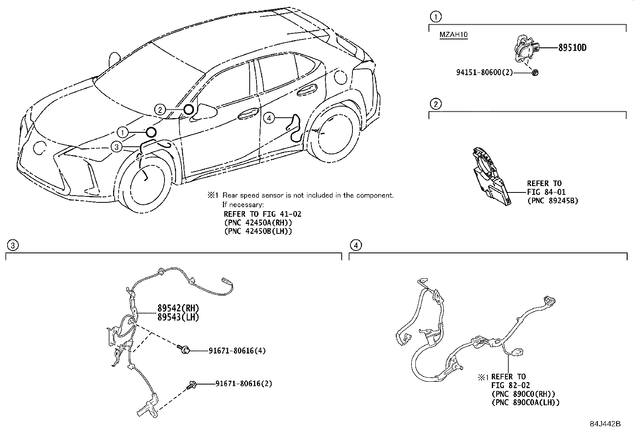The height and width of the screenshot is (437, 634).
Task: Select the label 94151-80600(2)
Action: coord(484,72)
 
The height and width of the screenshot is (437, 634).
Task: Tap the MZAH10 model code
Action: coord(453,35)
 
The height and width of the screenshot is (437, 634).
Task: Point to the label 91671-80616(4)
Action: coord(237,351)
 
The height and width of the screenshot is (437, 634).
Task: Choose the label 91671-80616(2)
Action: coord(244,383)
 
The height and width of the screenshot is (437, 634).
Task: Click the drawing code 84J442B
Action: coord(605,424)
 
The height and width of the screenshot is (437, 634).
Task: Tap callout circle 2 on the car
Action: coord(160,110)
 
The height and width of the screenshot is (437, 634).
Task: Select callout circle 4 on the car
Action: coord(270,118)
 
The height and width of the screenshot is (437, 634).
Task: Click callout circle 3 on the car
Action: coord(116,147)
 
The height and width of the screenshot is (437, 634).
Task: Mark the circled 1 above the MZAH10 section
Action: coord(436,17)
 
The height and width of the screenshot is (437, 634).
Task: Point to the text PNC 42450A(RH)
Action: coord(258,223)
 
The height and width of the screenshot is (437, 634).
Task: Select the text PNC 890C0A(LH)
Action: coord(525,402)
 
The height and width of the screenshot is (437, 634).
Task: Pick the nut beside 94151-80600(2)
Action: coord(535,72)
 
